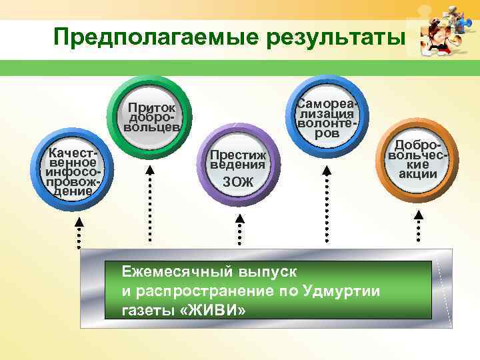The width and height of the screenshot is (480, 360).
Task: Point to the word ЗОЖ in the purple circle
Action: point(238,181)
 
